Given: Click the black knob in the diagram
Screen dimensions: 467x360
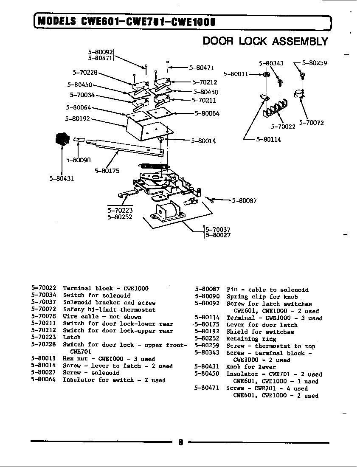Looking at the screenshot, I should (x=62, y=139).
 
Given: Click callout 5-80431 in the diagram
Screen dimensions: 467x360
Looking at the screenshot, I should (x=62, y=178).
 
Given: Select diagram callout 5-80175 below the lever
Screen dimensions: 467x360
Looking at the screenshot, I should (x=107, y=171).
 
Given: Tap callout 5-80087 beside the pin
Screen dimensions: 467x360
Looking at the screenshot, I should (x=244, y=200).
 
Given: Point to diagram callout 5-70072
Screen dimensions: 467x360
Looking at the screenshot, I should (x=311, y=123).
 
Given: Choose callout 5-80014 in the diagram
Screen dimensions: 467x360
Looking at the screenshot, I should (x=203, y=141).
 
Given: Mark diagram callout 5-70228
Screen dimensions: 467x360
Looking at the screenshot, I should (x=85, y=73).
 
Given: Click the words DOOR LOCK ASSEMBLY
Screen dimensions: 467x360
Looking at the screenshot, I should (x=265, y=41).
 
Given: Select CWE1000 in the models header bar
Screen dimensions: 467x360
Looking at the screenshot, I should (x=193, y=21).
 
